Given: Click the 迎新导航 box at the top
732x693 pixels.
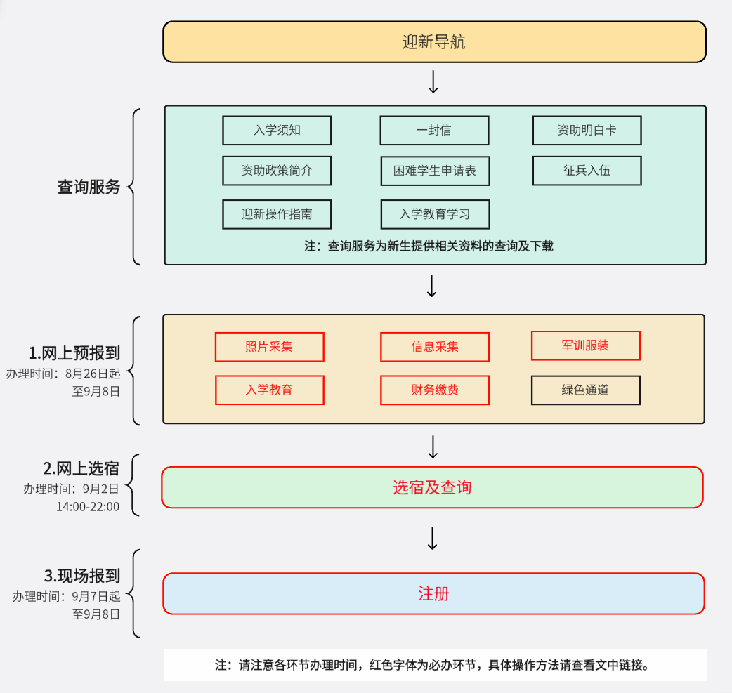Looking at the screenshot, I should click(434, 42).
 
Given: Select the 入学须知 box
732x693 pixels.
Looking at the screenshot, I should click(277, 131).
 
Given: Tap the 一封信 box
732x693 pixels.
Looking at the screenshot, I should click(434, 131).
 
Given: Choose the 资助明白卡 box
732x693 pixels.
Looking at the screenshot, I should click(587, 131).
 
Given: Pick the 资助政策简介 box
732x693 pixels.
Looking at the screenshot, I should click(277, 171).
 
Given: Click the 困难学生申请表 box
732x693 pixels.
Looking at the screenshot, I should click(434, 171).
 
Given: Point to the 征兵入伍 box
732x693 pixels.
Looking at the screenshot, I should click(587, 171).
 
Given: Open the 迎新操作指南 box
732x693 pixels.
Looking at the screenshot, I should click(277, 214).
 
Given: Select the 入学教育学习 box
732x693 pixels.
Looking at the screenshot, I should click(434, 214).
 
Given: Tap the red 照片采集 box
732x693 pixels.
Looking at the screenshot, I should click(269, 347).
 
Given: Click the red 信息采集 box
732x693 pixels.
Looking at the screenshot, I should click(435, 347).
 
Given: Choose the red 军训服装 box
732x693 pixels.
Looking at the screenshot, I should click(585, 345).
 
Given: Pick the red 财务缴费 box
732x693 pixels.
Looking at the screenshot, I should click(435, 390).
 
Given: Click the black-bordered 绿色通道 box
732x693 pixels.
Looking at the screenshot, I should click(585, 390).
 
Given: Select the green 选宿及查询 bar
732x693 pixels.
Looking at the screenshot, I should click(432, 487).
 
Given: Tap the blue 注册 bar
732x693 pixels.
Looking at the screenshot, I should click(433, 594).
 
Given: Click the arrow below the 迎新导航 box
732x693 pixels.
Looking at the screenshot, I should click(433, 81).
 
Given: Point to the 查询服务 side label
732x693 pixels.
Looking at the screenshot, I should click(89, 187).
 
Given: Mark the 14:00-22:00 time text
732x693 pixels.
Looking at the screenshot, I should click(88, 506).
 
